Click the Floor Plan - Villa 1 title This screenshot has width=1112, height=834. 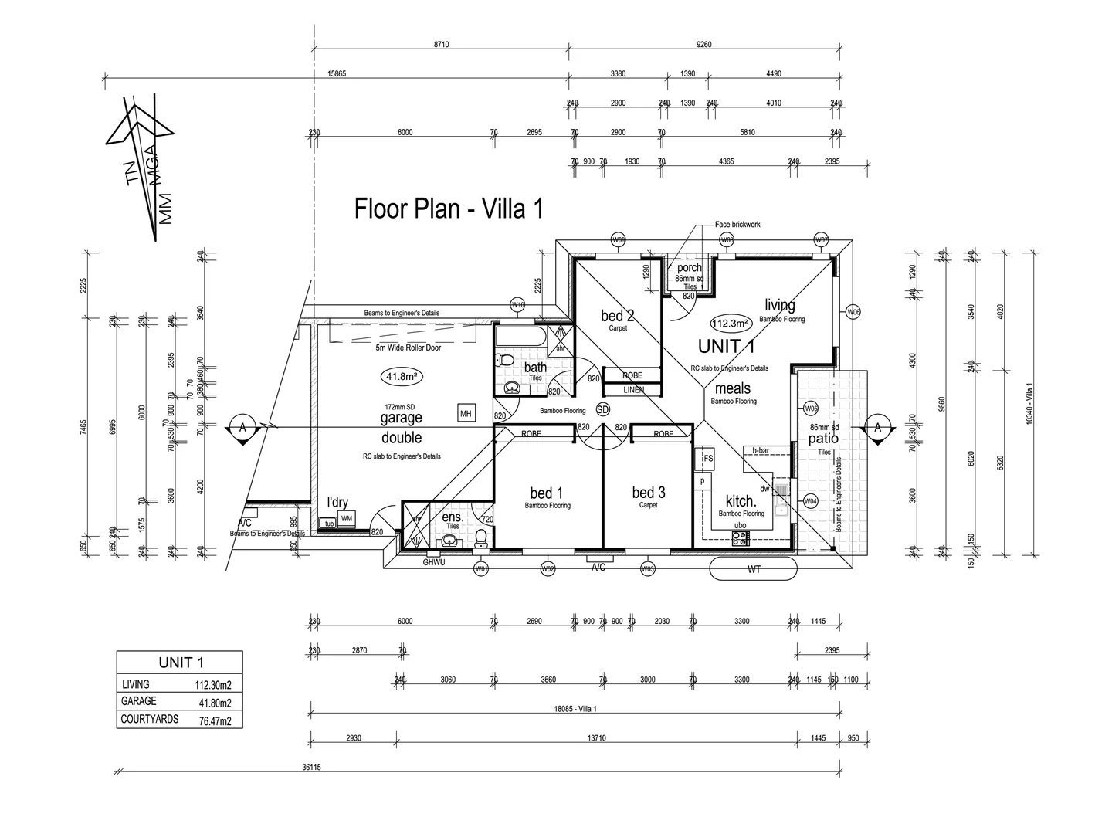[x=449, y=208]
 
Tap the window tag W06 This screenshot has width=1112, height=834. [x=853, y=312]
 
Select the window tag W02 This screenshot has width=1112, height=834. [x=548, y=569]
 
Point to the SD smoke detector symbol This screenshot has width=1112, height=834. [x=603, y=409]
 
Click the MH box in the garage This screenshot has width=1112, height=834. [x=466, y=414]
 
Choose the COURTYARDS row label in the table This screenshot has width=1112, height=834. [x=150, y=719]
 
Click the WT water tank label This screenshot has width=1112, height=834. [x=753, y=569]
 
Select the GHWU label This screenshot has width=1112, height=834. [x=435, y=562]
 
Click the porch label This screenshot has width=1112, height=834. [x=690, y=268]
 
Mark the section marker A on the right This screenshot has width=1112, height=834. [x=877, y=427]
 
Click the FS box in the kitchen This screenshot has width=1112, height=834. [x=707, y=459]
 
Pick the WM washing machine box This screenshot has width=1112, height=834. [x=347, y=518]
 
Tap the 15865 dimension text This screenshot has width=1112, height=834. [x=337, y=74]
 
